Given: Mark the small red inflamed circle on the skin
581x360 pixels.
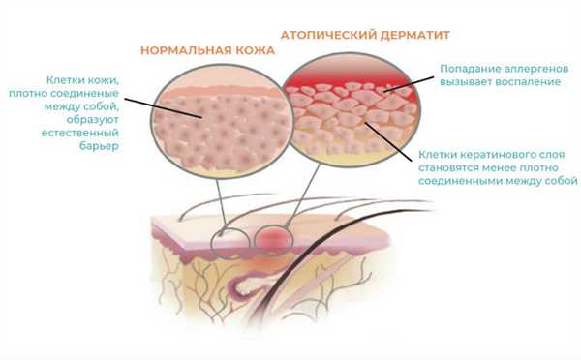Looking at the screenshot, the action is (277, 236).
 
